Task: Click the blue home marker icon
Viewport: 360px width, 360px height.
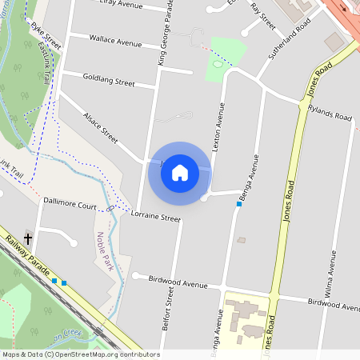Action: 180,173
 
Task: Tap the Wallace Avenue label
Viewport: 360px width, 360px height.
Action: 115,40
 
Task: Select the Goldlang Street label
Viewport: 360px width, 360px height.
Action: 109,81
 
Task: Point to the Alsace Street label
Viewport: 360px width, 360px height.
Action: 100,127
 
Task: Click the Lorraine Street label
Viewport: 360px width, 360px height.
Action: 156,217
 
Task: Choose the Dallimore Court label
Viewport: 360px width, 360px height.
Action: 70,206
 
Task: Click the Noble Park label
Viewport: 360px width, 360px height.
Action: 102,249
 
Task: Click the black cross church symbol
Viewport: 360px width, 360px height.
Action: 28,238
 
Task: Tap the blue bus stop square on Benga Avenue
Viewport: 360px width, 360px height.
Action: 238,204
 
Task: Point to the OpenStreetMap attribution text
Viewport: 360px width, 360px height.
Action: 80,354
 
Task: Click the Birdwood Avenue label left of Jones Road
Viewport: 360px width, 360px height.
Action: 176,283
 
